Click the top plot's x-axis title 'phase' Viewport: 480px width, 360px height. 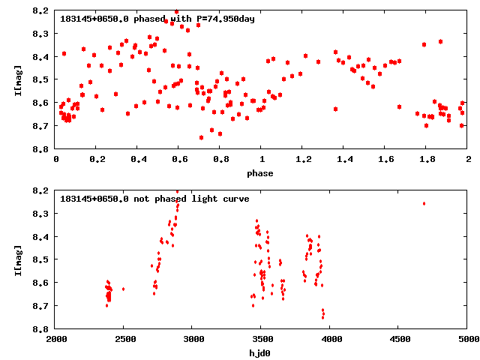click(x=262, y=173)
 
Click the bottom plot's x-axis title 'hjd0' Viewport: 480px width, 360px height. click(x=262, y=353)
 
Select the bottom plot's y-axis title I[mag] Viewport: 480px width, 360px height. click(x=17, y=259)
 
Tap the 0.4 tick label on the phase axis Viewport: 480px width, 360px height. click(x=138, y=159)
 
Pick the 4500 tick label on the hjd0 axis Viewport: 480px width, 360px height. click(x=399, y=339)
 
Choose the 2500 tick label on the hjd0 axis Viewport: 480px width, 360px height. click(x=124, y=339)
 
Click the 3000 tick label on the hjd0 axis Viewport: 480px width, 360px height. click(x=193, y=339)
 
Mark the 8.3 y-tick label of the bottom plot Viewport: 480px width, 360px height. click(x=42, y=214)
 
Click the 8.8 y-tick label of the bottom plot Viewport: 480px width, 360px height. click(x=42, y=328)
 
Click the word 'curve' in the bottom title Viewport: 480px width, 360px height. click(x=235, y=199)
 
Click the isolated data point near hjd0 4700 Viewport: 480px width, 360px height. click(x=424, y=203)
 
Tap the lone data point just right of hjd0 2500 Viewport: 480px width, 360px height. click(x=123, y=289)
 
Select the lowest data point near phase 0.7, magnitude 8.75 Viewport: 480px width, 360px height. click(x=201, y=137)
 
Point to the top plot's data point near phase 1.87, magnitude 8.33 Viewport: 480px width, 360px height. click(x=440, y=41)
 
